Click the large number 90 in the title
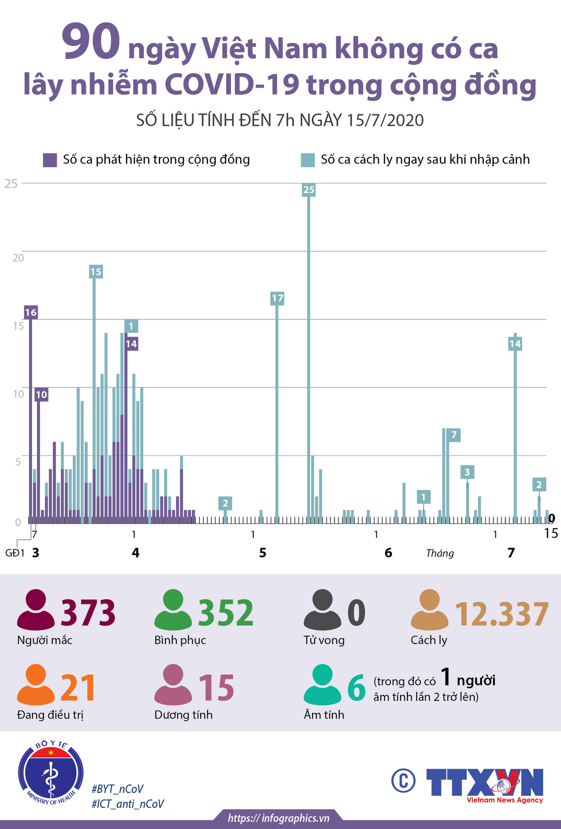[x=91, y=42]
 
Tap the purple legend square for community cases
[x=50, y=160]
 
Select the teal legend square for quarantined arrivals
[x=308, y=160]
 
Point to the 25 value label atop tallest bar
[x=309, y=190]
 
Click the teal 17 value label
[x=277, y=298]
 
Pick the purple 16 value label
[x=31, y=313]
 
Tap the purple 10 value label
[x=41, y=394]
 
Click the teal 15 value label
[x=96, y=272]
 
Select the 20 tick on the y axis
[x=18, y=258]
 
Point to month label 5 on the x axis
[x=262, y=553]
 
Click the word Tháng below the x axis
[x=440, y=553]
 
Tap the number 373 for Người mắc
[x=88, y=613]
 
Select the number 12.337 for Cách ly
[x=502, y=614]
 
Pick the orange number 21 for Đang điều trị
[x=78, y=688]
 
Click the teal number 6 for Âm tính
[x=356, y=688]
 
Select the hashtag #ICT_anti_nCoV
[x=128, y=804]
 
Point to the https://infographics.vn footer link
[x=279, y=818]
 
